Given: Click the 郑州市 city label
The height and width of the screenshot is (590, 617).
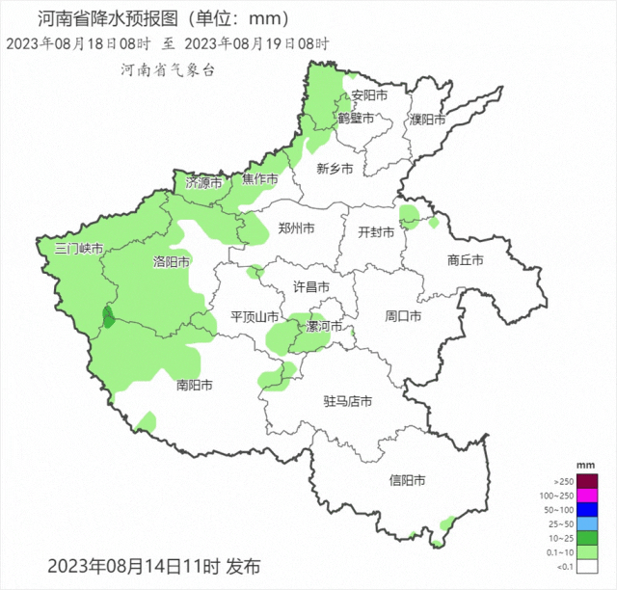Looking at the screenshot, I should click(296, 228).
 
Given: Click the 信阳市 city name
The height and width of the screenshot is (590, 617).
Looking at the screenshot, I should click(407, 480).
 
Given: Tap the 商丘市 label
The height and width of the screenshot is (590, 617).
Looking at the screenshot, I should click(466, 260).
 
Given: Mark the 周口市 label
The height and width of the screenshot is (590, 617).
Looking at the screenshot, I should click(404, 315).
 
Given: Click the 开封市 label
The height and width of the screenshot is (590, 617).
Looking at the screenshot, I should click(377, 232).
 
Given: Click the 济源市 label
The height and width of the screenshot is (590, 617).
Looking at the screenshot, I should click(203, 182).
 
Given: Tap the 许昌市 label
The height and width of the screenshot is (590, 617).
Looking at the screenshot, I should click(311, 287).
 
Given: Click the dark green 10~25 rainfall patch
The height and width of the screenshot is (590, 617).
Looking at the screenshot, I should click(108, 316).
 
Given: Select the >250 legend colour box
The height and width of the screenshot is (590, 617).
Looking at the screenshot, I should click(588, 481).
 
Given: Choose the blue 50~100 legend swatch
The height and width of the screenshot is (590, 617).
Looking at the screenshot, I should click(588, 509).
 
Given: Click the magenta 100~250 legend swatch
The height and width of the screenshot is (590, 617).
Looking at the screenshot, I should click(588, 495).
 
